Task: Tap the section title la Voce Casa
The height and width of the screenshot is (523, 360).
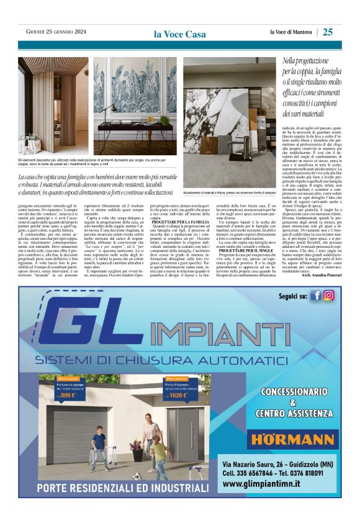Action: pos(180,34)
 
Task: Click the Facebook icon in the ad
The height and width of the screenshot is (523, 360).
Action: pos(316,295)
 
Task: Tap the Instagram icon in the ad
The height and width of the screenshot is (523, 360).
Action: pos(328,295)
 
